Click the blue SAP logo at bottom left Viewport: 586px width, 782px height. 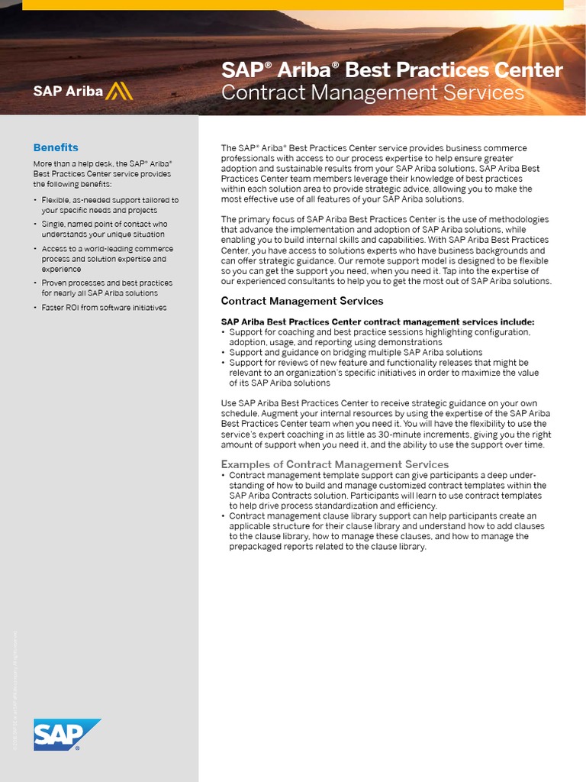pyautogui.click(x=67, y=735)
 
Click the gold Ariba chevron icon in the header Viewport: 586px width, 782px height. pyautogui.click(x=120, y=91)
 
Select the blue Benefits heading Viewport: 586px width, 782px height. pyautogui.click(x=56, y=147)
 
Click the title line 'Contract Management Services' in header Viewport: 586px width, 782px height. pyautogui.click(x=372, y=93)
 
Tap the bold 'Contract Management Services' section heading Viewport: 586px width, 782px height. pyautogui.click(x=302, y=301)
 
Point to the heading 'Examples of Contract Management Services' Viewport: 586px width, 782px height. pyautogui.click(x=335, y=464)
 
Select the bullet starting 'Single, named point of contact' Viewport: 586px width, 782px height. pyautogui.click(x=103, y=229)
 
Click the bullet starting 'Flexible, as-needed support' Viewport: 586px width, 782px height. pyautogui.click(x=110, y=205)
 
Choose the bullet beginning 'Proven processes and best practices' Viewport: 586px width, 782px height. pyautogui.click(x=107, y=288)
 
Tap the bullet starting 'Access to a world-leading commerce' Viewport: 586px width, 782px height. pyautogui.click(x=107, y=259)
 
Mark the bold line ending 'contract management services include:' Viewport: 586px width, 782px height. pyautogui.click(x=378, y=322)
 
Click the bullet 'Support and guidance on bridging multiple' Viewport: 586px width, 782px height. pyautogui.click(x=356, y=353)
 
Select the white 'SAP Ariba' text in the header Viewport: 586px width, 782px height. pyautogui.click(x=67, y=91)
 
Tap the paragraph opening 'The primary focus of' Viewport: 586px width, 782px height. pyautogui.click(x=385, y=250)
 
